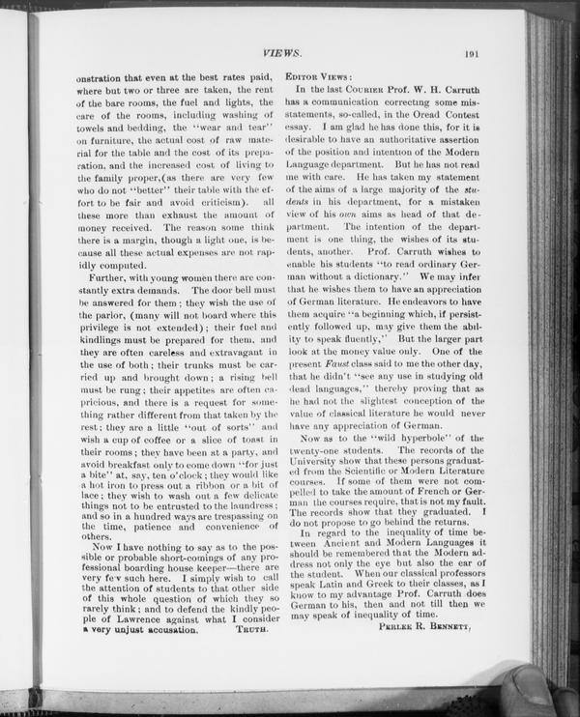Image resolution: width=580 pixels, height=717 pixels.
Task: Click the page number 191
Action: coord(473,56)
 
